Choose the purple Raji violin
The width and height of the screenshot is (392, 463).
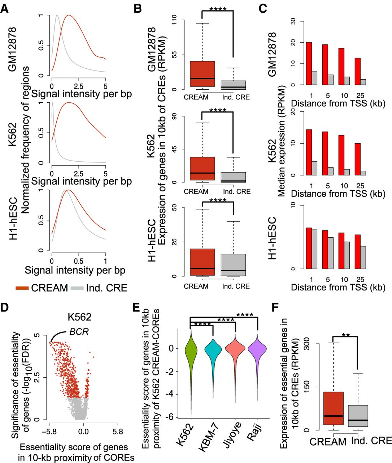tap(257, 349)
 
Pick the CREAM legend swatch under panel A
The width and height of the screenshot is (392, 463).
tap(22, 288)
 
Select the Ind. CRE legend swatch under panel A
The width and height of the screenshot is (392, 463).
tap(77, 288)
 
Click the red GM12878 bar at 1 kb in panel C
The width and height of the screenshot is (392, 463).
tap(309, 64)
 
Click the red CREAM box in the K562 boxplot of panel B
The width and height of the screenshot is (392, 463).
tap(199, 169)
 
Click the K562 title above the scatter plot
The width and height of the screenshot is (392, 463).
tap(79, 317)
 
